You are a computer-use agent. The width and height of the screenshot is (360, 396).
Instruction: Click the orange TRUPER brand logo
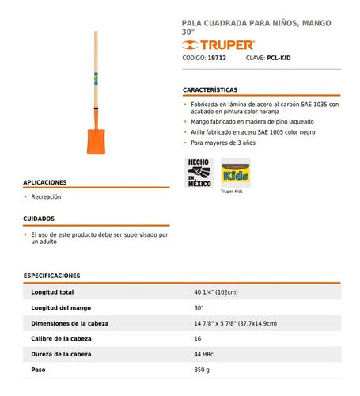click(x=212, y=44)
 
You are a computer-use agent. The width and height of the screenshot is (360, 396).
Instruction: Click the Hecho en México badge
click(x=198, y=172)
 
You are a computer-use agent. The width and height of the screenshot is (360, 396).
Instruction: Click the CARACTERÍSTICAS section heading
click(x=210, y=90)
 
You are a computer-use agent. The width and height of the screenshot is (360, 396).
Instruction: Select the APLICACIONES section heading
click(x=45, y=181)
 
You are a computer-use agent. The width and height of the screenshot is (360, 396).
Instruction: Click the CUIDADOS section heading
click(x=39, y=218)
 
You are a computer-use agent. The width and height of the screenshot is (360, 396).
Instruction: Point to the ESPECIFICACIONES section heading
click(x=52, y=276)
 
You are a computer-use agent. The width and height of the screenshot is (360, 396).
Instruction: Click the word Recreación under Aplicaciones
click(x=46, y=196)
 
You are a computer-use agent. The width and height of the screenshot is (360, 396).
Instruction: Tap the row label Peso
click(x=38, y=369)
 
